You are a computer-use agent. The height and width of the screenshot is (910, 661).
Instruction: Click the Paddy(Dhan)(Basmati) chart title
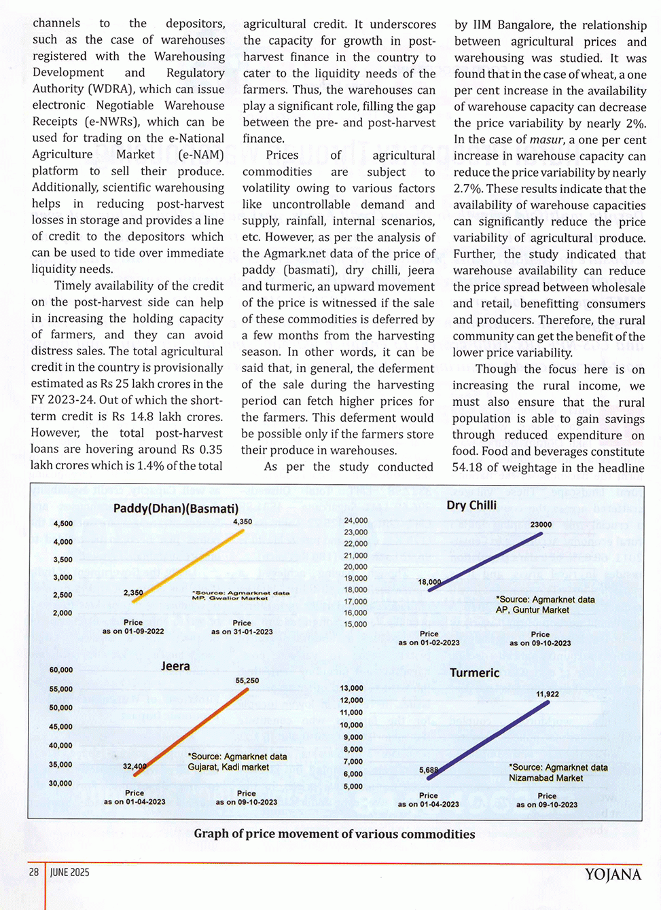click(176, 509)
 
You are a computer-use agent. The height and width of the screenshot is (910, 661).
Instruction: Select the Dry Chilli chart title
click(471, 505)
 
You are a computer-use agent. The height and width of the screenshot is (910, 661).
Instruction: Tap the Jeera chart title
click(175, 666)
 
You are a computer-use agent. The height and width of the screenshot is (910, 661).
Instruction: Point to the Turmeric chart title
click(474, 673)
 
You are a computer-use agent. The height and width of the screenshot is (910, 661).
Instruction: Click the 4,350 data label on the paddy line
click(243, 522)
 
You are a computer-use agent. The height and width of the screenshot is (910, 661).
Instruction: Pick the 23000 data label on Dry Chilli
click(541, 524)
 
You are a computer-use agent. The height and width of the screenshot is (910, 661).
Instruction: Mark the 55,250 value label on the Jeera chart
click(247, 680)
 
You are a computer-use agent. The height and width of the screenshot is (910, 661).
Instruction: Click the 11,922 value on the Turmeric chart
click(548, 694)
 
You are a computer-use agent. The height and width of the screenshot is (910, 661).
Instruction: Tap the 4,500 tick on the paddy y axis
click(63, 524)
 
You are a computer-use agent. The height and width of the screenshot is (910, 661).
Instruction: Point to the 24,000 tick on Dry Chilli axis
click(355, 521)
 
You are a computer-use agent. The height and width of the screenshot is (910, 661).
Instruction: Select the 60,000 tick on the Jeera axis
click(61, 670)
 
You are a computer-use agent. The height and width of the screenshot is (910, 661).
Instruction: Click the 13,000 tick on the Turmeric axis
click(352, 688)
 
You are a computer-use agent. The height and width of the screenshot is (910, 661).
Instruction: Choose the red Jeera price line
click(192, 732)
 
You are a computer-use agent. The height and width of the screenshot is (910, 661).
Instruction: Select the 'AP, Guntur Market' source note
click(533, 610)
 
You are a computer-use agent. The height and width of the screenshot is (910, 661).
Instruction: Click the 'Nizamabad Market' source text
click(546, 778)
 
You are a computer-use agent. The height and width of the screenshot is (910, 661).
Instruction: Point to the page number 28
click(34, 872)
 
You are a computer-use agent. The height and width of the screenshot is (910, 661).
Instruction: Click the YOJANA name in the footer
click(613, 874)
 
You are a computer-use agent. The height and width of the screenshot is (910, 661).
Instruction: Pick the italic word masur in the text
click(547, 140)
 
